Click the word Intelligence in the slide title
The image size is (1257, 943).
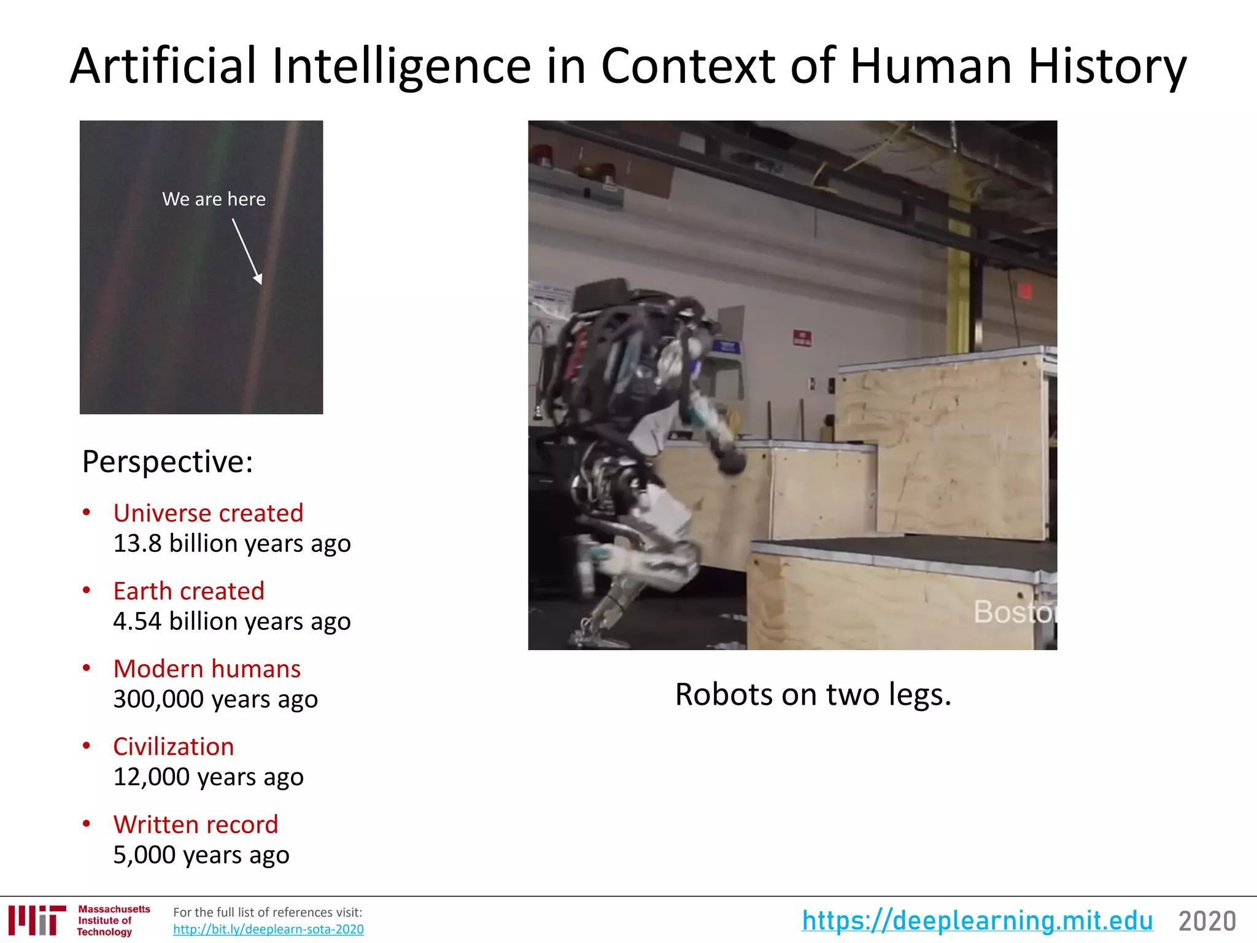pos(401,66)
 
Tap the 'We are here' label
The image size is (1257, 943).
pos(214,199)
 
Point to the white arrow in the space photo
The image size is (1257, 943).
pos(247,252)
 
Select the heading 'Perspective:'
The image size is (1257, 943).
pos(168,462)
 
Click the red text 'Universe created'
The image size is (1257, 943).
pos(208,513)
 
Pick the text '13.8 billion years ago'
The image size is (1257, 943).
pos(232,544)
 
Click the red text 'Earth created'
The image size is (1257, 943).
pos(188,591)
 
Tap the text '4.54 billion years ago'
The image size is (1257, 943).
pos(232,622)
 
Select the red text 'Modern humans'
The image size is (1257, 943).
pos(207,669)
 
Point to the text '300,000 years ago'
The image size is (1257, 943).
pos(215,700)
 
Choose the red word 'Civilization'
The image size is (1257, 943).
pos(174,747)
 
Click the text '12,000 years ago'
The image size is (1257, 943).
pos(208,778)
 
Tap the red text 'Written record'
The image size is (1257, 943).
pos(196,825)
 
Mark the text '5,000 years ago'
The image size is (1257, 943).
pos(201,855)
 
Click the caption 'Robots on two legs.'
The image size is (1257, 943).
pos(813,695)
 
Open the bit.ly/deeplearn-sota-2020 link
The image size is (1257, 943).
pos(268,929)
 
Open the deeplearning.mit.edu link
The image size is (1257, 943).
pos(977,921)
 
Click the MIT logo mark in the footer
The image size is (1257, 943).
pos(37,920)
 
